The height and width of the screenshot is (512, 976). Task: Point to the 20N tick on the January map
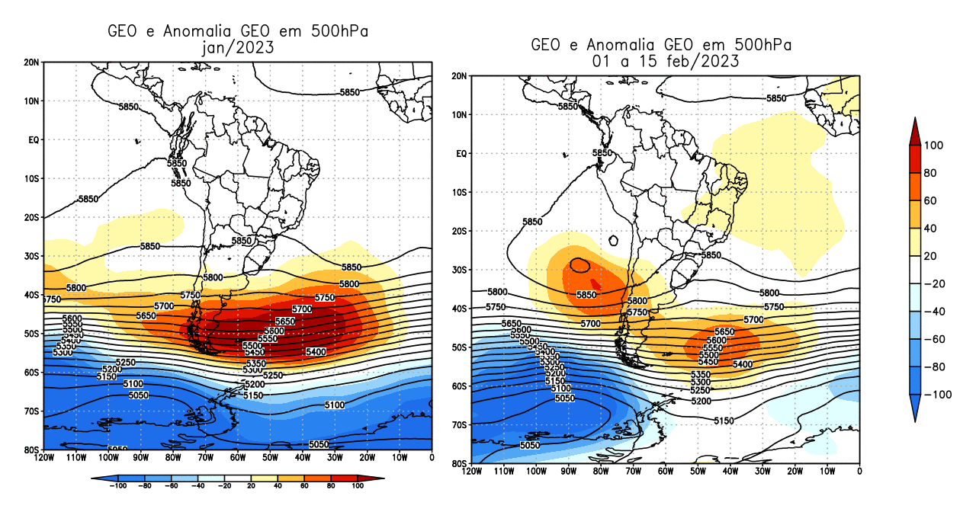(31, 62)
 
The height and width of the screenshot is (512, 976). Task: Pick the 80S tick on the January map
(31, 450)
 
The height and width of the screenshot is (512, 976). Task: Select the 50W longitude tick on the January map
(270, 457)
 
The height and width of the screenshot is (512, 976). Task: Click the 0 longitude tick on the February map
(860, 472)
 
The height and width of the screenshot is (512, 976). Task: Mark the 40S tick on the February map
(457, 309)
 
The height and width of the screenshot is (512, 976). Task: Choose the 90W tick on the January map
(140, 457)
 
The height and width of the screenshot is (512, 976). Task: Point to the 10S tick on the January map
(31, 178)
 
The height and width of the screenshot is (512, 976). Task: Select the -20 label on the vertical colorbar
(935, 284)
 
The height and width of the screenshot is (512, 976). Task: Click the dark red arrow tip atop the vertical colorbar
(914, 126)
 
